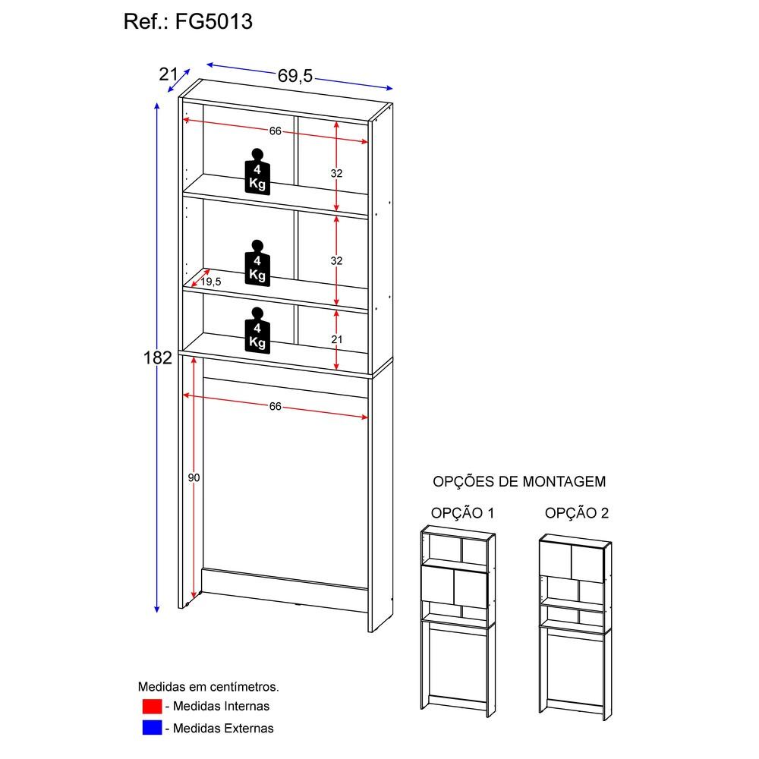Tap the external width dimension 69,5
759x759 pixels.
tap(295, 76)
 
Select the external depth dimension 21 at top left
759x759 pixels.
tap(168, 74)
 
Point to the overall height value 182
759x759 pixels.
tap(158, 357)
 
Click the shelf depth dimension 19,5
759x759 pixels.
tap(210, 282)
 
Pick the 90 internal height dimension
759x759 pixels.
tap(194, 477)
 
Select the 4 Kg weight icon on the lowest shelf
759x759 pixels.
tap(257, 330)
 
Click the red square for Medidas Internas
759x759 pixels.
tap(152, 706)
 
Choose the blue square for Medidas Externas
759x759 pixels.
tap(152, 728)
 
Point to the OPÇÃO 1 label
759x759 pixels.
tap(462, 513)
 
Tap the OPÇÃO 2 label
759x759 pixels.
tap(577, 513)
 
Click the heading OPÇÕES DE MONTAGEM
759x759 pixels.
tap(519, 481)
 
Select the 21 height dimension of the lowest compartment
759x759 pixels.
tap(336, 339)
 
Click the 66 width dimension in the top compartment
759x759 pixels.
tap(275, 131)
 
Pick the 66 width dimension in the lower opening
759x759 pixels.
tap(275, 407)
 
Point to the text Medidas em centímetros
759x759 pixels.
tap(208, 686)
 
